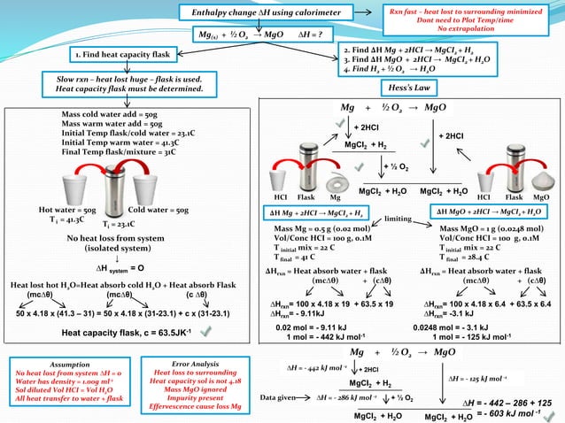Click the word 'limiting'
pyautogui.click(x=401, y=218)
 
